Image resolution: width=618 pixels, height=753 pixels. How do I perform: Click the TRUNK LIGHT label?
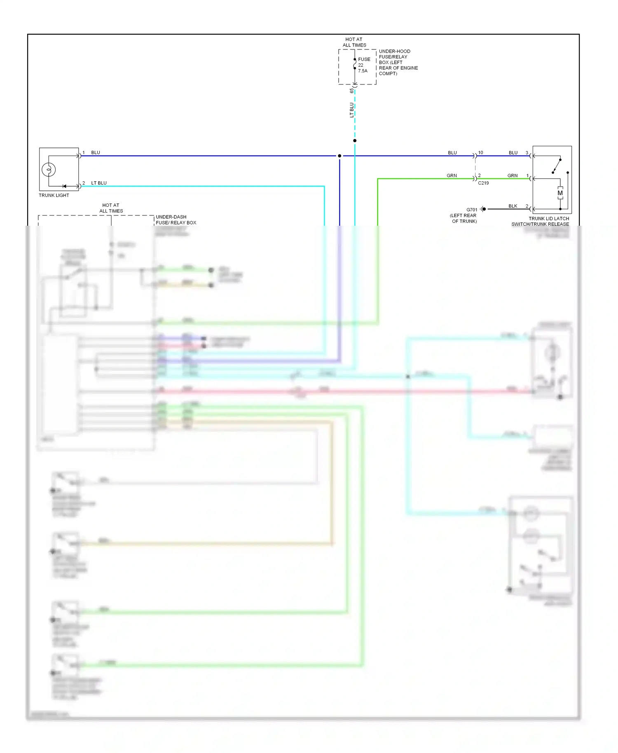pyautogui.click(x=54, y=195)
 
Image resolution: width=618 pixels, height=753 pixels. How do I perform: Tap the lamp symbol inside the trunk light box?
pyautogui.click(x=49, y=169)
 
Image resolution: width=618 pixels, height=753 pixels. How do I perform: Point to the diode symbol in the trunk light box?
pyautogui.click(x=64, y=186)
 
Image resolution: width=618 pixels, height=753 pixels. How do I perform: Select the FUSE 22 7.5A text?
pyautogui.click(x=363, y=65)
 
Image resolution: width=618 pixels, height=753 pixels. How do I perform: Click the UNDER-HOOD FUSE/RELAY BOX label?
pyautogui.click(x=398, y=62)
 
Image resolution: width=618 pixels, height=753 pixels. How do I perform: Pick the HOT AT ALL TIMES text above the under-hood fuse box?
pyautogui.click(x=354, y=42)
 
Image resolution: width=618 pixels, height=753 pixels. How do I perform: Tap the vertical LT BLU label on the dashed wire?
pyautogui.click(x=351, y=110)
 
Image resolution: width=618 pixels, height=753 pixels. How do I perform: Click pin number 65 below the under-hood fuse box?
pyautogui.click(x=351, y=91)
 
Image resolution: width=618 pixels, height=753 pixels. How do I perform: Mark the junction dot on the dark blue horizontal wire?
pyautogui.click(x=339, y=156)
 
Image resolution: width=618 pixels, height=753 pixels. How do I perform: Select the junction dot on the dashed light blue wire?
pyautogui.click(x=355, y=140)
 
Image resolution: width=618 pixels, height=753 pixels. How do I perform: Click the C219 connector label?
pyautogui.click(x=483, y=183)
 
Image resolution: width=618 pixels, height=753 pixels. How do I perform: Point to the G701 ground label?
pyautogui.click(x=472, y=210)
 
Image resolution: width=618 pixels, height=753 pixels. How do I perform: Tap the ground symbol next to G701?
pyautogui.click(x=483, y=209)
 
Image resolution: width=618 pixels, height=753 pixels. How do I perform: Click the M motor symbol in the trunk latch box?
pyautogui.click(x=560, y=193)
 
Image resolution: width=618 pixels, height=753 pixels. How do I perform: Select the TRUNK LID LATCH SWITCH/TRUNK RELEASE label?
pyautogui.click(x=540, y=221)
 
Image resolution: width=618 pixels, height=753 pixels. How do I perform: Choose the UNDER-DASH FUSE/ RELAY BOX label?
pyautogui.click(x=176, y=220)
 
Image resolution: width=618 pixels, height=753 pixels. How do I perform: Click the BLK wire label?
pyautogui.click(x=513, y=206)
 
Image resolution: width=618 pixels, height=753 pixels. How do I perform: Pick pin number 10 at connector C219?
pyautogui.click(x=480, y=152)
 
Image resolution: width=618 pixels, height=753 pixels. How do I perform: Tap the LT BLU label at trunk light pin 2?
pyautogui.click(x=99, y=183)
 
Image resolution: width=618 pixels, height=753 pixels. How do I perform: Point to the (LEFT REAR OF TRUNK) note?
pyautogui.click(x=463, y=218)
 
